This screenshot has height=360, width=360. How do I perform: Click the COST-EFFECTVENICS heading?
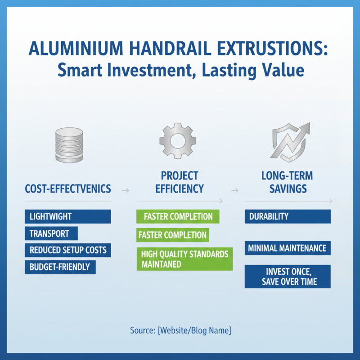point(68,189)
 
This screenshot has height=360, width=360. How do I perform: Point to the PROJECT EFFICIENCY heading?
point(180,182)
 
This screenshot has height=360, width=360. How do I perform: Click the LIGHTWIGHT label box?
point(67,216)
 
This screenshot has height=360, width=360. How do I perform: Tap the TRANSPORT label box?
point(51,234)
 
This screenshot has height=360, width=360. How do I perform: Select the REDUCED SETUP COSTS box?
point(67,250)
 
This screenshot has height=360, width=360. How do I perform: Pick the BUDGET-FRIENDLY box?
point(60,267)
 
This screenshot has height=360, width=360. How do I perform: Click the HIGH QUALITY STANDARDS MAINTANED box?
point(184,259)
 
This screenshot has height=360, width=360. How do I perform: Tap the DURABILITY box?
point(288,216)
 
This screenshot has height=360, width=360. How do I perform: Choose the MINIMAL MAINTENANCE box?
point(288,247)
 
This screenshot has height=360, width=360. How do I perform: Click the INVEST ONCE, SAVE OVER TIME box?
point(288,276)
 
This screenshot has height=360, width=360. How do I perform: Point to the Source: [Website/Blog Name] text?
point(180,331)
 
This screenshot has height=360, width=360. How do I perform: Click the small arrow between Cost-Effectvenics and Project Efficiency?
point(126,190)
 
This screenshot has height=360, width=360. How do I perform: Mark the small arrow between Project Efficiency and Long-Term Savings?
point(234,190)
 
